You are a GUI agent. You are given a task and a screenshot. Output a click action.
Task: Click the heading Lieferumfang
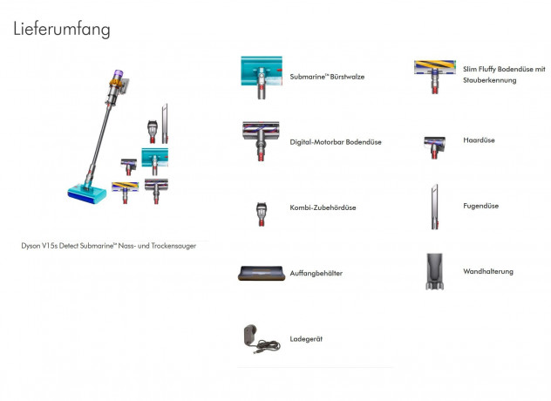pos(62,29)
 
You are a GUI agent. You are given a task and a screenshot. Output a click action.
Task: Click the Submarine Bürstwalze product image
pos(261,76)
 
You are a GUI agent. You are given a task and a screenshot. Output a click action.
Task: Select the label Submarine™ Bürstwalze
pos(327,77)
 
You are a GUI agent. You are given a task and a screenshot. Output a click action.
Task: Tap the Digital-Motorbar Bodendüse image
pos(261,140)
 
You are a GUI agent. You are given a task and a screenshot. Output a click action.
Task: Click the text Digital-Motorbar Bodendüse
pos(336,141)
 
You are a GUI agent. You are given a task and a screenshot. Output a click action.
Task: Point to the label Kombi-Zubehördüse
pos(323,207)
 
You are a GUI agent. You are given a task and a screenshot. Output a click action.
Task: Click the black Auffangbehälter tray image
pos(261,274)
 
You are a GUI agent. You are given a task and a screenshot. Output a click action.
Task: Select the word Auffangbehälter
pos(316,273)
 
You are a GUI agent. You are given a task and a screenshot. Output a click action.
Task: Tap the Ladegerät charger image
pos(260,338)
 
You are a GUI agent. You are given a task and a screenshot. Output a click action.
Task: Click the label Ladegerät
pos(306,338)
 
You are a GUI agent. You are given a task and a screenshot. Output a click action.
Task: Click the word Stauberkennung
pos(490,80)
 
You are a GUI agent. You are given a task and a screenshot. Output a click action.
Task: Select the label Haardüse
pos(479,139)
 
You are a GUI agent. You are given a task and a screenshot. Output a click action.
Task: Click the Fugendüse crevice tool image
pos(434,207)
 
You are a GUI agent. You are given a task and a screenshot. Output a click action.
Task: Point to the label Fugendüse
pos(481,206)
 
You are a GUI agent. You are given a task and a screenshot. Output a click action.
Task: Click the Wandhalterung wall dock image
pos(435,271)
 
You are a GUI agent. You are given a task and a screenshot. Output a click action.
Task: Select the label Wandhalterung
pos(488,271)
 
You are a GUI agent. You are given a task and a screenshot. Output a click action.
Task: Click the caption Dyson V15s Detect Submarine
pos(109,246)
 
